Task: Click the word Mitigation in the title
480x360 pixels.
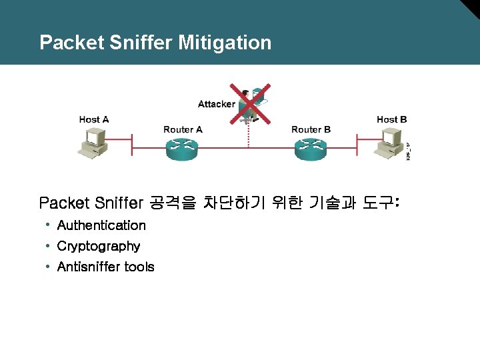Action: (x=225, y=43)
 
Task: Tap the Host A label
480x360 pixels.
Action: (x=94, y=119)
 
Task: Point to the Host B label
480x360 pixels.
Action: (x=391, y=119)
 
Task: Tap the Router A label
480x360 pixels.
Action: (x=183, y=129)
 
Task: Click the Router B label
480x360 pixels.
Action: (x=311, y=129)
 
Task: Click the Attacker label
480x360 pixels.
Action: (x=216, y=104)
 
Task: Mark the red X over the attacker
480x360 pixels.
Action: (x=250, y=103)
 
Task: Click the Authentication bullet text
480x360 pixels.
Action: (x=101, y=225)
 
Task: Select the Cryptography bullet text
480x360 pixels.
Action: (x=99, y=246)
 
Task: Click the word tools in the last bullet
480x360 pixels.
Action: (x=140, y=267)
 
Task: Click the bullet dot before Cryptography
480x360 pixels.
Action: (x=49, y=245)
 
